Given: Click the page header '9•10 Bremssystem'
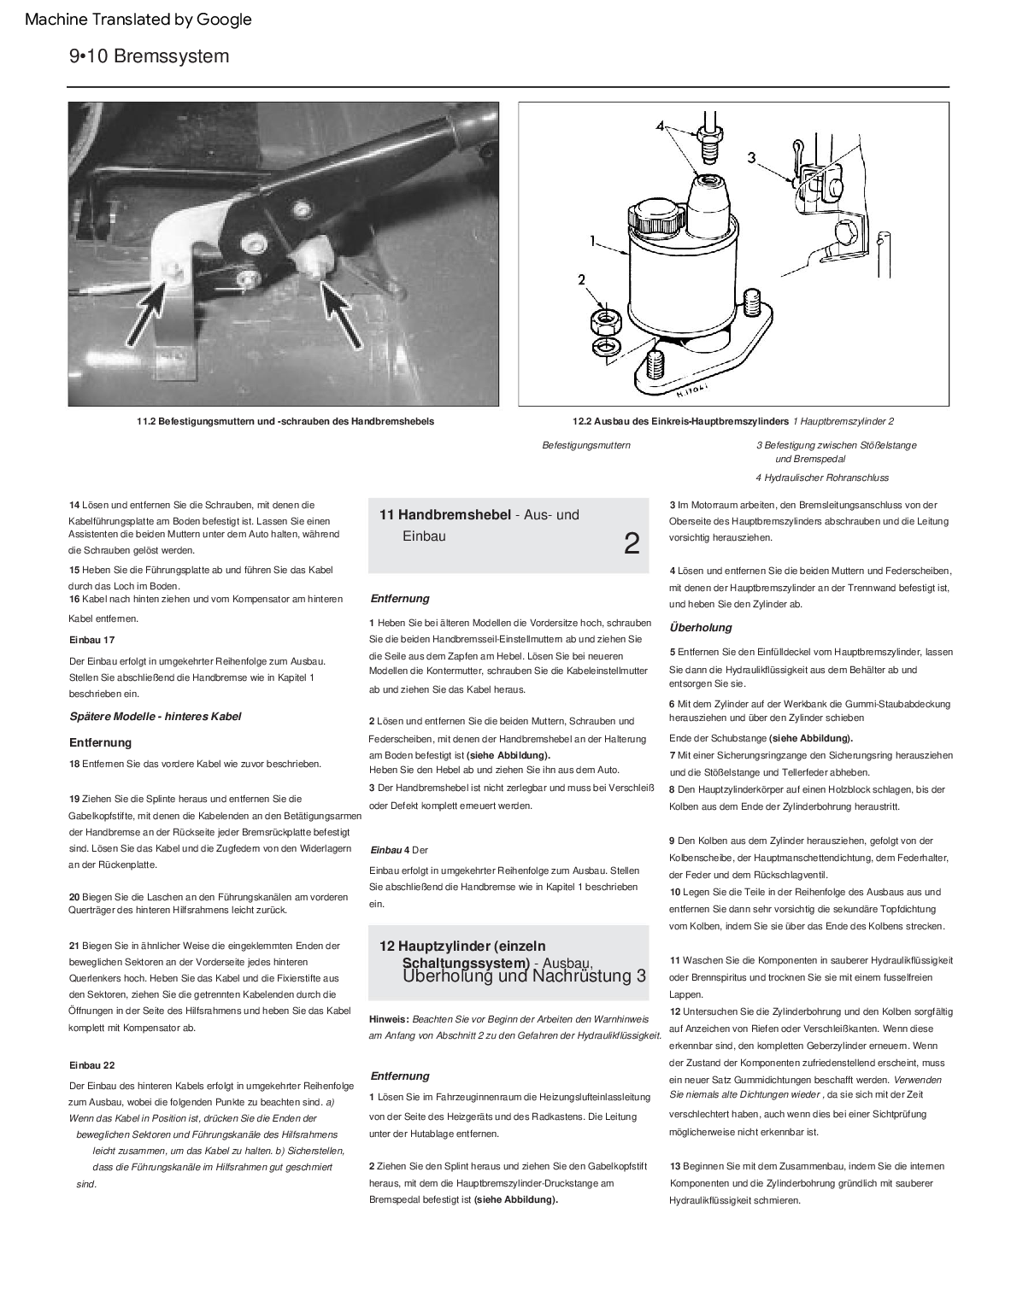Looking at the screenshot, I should click(x=150, y=56).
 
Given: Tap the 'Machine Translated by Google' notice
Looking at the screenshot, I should click(x=138, y=19).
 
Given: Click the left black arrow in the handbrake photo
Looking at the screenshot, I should click(x=155, y=314).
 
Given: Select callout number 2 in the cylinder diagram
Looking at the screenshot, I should click(x=582, y=279).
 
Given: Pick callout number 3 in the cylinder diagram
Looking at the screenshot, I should click(x=751, y=156).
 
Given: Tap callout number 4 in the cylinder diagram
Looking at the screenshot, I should click(x=660, y=126).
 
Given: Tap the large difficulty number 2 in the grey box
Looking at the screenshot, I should click(x=632, y=543).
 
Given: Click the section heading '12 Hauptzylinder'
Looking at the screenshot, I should click(x=461, y=946).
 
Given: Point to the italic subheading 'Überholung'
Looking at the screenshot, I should click(x=701, y=627).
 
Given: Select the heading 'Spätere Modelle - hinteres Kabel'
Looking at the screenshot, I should click(x=155, y=716).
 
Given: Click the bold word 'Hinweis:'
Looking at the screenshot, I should click(x=389, y=1019).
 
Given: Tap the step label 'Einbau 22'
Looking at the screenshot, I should click(x=91, y=1065).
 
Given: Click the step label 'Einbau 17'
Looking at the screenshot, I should click(x=91, y=639).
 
